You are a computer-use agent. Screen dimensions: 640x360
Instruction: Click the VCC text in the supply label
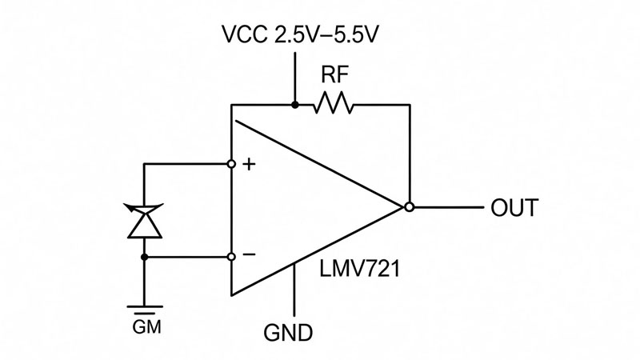(x=245, y=34)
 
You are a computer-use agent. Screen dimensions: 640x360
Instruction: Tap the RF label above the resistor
(x=334, y=74)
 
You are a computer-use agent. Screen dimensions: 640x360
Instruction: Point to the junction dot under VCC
(x=294, y=105)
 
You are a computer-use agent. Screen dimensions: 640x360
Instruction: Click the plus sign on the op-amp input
(x=249, y=165)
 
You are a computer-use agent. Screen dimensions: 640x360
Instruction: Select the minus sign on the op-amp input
(x=249, y=254)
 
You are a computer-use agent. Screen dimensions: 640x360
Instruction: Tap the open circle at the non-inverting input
(x=231, y=164)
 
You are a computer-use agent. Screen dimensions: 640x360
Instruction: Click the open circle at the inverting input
(x=231, y=257)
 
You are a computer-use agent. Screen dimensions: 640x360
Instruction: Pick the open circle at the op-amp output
(x=409, y=207)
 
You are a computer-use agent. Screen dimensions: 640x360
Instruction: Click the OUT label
(x=514, y=208)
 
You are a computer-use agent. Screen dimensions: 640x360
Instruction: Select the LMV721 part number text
(x=359, y=269)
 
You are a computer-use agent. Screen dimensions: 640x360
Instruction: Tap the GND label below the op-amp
(x=288, y=333)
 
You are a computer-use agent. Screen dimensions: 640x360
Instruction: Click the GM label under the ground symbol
(x=147, y=327)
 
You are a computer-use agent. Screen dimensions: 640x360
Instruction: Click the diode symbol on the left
(x=145, y=220)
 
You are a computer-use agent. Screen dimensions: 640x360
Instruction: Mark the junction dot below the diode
(x=144, y=257)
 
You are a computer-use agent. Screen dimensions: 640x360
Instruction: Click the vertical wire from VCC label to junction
(x=294, y=77)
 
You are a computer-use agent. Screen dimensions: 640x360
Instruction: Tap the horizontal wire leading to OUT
(x=448, y=207)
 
